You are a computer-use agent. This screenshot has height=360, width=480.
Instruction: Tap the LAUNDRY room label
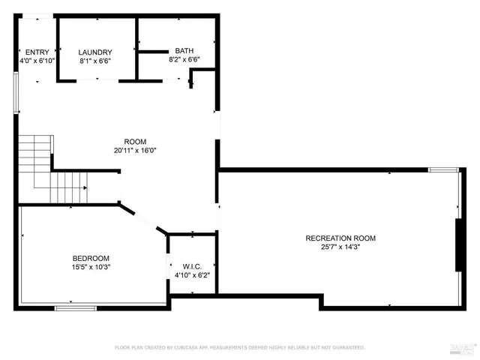95,52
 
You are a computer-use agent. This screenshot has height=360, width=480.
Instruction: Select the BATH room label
184,50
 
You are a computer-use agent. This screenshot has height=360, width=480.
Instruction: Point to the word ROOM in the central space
135,142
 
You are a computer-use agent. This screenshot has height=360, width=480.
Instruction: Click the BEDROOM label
91,258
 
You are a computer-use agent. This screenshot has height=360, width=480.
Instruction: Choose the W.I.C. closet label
192,266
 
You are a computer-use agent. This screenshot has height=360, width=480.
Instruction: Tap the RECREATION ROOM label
340,238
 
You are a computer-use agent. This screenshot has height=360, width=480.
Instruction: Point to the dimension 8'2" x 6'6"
184,58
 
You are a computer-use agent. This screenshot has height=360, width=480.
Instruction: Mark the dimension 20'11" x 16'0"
135,150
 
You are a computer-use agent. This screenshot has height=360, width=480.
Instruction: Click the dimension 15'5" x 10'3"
91,266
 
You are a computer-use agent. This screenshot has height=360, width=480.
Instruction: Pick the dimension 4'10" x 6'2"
192,274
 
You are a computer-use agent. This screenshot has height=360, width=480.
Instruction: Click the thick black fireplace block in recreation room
458,245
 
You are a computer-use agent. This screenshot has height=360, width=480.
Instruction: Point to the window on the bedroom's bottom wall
76,307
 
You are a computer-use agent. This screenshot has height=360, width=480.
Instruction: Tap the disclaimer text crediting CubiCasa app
239,347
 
